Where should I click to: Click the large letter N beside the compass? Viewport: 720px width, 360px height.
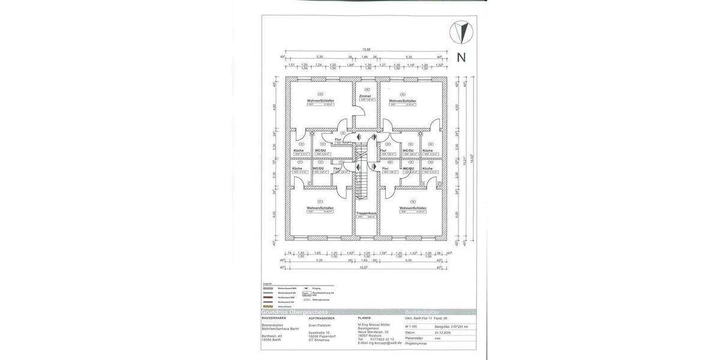tap(461, 58)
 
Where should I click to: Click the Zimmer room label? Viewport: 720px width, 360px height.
tap(365, 96)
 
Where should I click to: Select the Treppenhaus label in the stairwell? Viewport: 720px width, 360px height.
tap(365, 212)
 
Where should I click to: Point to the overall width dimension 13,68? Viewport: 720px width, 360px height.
tap(365, 49)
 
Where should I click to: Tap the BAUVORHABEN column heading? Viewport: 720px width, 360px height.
tap(275, 317)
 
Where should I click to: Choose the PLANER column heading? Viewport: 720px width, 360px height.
tap(364, 318)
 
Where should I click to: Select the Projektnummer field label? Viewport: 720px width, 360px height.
tap(416, 343)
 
